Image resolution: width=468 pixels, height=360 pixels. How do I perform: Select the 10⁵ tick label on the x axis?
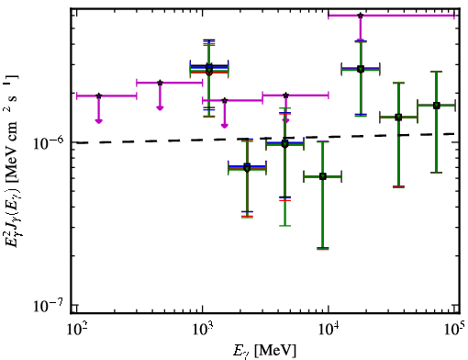click(453, 329)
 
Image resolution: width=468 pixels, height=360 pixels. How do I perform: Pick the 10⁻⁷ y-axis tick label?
click(48, 305)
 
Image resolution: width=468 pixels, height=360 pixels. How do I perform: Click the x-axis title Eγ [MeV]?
click(264, 351)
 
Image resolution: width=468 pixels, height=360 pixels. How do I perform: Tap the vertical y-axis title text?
click(12, 161)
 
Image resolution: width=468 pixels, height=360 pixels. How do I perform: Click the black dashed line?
click(265, 139)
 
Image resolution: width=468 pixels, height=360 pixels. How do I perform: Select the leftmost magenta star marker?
click(98, 96)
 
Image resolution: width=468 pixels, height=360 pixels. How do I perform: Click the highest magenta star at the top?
click(361, 16)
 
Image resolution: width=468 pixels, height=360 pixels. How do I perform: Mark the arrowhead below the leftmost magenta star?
click(98, 121)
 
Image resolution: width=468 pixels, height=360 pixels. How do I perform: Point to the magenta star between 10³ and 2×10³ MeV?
click(225, 100)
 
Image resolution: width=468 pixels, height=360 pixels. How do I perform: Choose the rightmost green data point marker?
click(436, 106)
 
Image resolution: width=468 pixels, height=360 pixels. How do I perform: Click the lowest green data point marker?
click(323, 176)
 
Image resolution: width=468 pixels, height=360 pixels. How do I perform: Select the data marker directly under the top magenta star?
click(361, 69)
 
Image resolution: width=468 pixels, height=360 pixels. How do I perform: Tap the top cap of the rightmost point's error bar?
click(436, 72)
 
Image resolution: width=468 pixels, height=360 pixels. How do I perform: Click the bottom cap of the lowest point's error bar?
click(323, 249)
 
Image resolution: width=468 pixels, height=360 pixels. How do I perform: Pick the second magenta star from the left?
click(160, 83)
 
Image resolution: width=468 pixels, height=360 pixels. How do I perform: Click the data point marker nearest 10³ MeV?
click(209, 71)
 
